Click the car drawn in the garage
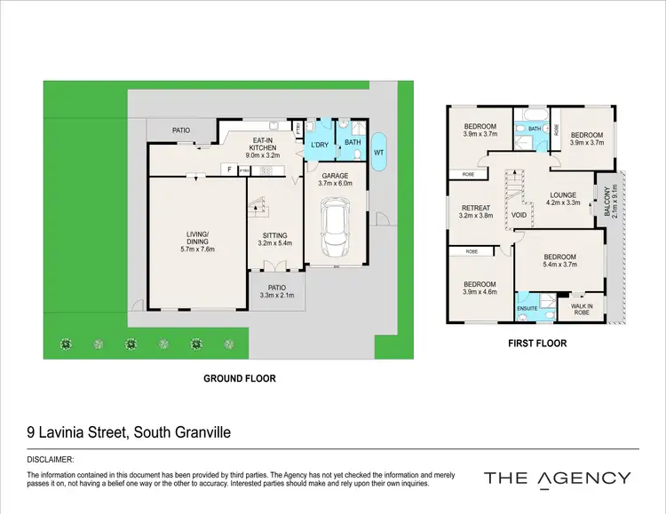(x=336, y=225)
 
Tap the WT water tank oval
(x=379, y=152)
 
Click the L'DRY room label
(x=319, y=145)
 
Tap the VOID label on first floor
(x=519, y=215)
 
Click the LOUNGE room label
(x=563, y=196)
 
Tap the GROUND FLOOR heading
(x=240, y=378)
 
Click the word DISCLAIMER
(x=49, y=460)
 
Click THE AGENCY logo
(x=557, y=478)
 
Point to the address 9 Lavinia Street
(x=129, y=433)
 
